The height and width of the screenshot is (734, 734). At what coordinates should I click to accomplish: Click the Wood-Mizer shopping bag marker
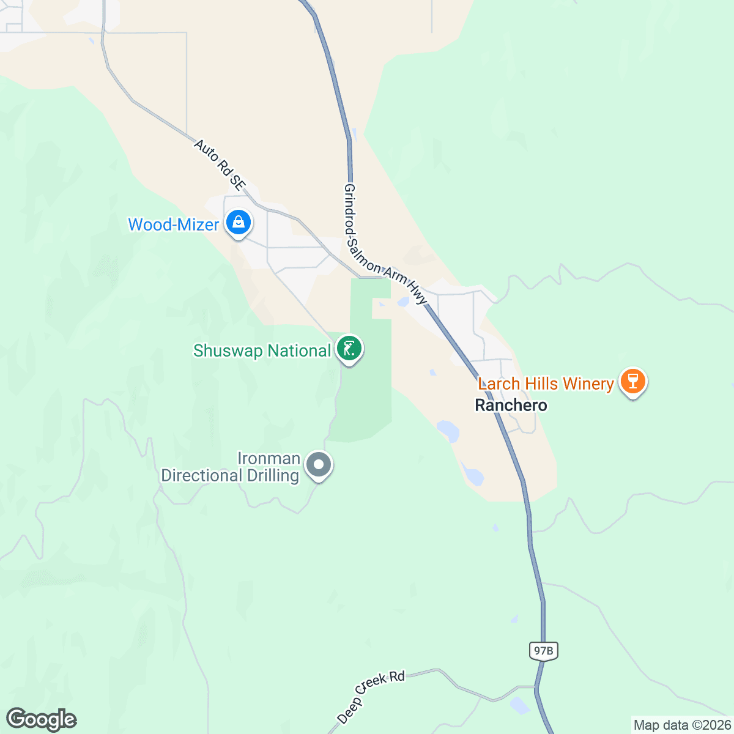238,223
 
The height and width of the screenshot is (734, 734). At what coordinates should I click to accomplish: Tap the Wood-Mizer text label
173,225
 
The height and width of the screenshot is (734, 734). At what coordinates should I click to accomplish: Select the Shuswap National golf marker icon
349,349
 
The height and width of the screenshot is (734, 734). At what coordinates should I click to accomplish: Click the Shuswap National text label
262,351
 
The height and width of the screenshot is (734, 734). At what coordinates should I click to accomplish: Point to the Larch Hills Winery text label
546,384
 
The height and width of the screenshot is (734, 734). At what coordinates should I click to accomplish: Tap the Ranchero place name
511,405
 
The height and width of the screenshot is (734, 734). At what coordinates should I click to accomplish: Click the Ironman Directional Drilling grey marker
318,465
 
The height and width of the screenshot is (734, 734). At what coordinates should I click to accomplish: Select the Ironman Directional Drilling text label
230,467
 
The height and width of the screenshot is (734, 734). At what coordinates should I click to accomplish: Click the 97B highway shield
543,651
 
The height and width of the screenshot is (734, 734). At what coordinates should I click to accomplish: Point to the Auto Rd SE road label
220,164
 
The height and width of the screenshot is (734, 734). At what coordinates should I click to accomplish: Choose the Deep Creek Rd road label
371,696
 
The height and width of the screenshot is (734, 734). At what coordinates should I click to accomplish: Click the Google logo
41,719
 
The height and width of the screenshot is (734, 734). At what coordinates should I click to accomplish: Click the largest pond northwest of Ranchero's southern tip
448,431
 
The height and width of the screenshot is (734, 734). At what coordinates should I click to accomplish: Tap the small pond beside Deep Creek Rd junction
520,705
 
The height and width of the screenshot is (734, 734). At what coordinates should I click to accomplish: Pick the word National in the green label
299,351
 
